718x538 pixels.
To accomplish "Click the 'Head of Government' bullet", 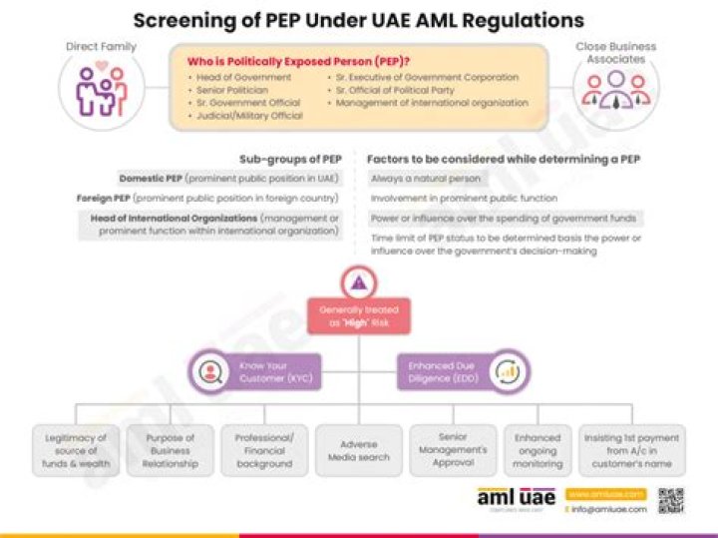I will pyautogui.click(x=243, y=77).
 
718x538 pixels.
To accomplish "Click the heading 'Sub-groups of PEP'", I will pyautogui.click(x=290, y=159).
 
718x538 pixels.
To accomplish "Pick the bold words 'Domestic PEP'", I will pyautogui.click(x=150, y=179).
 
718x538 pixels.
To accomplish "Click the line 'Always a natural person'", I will pyautogui.click(x=426, y=179).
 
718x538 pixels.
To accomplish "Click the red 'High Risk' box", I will pyautogui.click(x=358, y=317).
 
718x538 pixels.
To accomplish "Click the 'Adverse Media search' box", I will pyautogui.click(x=358, y=450).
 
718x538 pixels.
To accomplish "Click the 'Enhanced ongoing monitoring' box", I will pyautogui.click(x=538, y=450).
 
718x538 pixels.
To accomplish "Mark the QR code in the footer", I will pyautogui.click(x=671, y=500).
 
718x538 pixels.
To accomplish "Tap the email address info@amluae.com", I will pyautogui.click(x=609, y=509).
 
